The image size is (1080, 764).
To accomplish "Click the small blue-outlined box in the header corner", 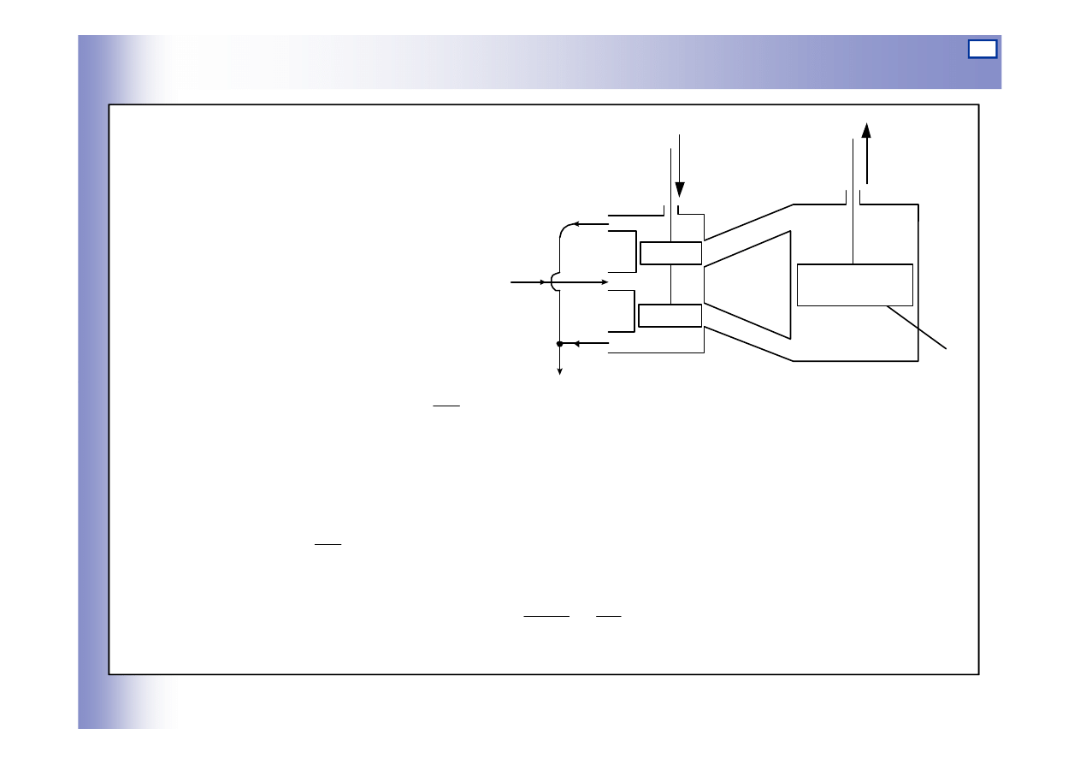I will [983, 49].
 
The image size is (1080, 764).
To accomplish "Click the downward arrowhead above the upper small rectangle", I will [680, 190].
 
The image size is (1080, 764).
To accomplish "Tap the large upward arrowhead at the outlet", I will [866, 130].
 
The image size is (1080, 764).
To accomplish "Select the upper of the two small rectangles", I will [671, 253].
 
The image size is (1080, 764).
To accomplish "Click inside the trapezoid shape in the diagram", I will [748, 284].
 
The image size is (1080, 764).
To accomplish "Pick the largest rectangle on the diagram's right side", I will [855, 285].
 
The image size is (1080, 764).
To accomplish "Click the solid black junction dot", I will [559, 344].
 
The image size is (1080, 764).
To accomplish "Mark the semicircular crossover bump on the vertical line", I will [554, 281].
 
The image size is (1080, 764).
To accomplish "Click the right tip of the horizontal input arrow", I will [605, 281].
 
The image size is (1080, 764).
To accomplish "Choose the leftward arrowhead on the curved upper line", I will [576, 225].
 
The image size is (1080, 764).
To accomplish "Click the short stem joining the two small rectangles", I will [671, 284].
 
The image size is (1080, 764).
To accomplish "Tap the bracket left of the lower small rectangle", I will [635, 310].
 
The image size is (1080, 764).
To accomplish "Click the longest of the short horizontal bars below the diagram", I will [546, 614].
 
